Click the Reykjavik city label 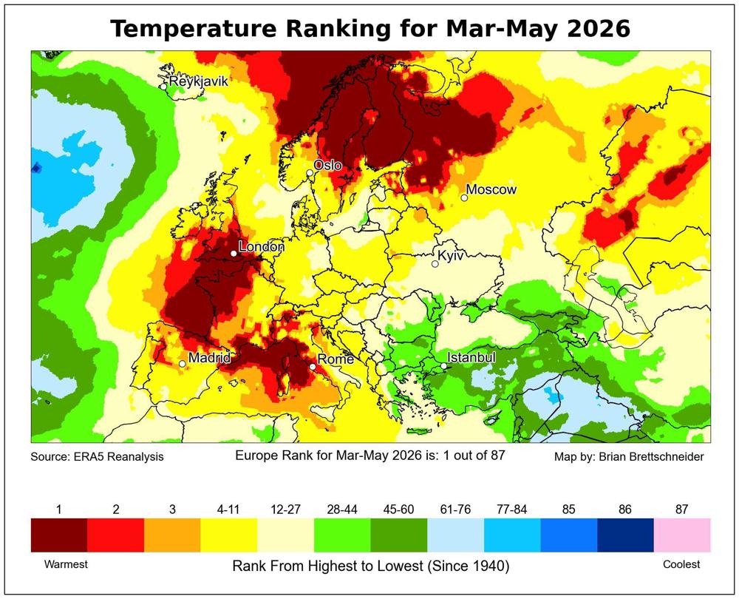coord(198,81)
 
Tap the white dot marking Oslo coord(310,173)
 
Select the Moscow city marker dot coord(464,197)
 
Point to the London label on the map coord(262,247)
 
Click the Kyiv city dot coord(435,264)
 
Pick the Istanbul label coord(471,357)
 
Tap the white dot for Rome coord(313,367)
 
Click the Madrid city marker coord(183,364)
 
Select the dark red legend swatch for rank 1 coord(59,535)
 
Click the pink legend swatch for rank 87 coord(682,535)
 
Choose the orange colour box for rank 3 coord(172,535)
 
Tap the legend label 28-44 coord(342,510)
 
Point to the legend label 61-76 coord(455,510)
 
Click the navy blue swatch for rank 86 coord(625,535)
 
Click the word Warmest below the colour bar coord(66,564)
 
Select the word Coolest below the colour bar coord(681,564)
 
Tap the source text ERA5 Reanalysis coord(118,456)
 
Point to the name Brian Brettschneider coord(651,456)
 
